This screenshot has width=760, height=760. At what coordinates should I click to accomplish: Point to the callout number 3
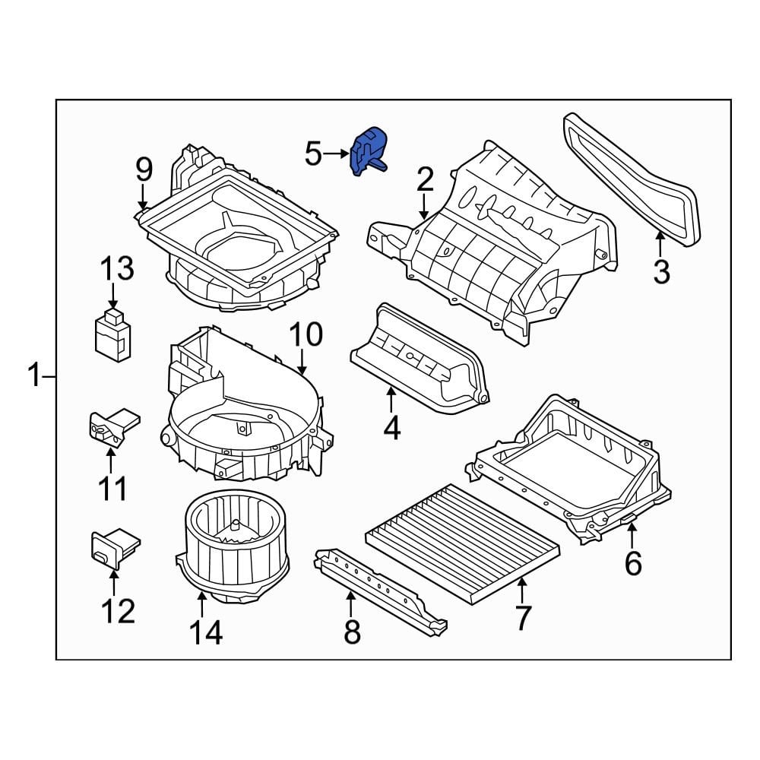661,271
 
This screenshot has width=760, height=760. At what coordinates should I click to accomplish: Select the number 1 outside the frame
34,376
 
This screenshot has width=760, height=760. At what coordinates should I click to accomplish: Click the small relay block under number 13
112,334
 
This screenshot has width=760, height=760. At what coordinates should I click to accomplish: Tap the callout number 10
305,334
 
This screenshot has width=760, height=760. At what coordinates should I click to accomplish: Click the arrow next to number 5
334,154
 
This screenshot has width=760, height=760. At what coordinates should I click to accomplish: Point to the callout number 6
633,563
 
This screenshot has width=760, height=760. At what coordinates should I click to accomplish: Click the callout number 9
144,169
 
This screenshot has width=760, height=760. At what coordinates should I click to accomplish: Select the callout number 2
424,180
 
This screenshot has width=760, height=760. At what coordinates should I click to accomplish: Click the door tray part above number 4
418,357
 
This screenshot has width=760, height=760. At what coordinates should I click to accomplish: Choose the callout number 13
117,268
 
